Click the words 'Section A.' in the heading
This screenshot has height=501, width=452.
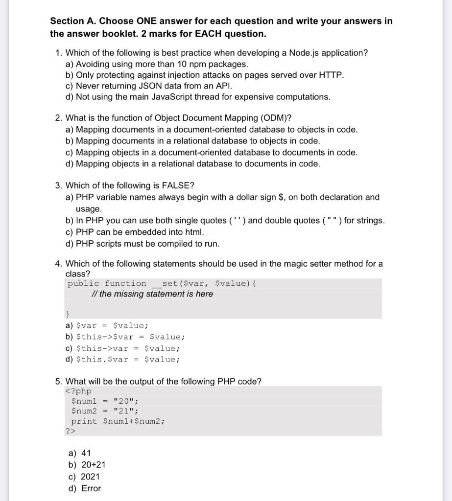tap(72, 22)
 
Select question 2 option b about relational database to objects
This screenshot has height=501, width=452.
tap(192, 140)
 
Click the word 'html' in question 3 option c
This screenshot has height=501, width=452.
tap(194, 232)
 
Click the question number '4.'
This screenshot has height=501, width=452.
tap(58, 264)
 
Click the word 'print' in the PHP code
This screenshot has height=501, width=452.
tap(84, 421)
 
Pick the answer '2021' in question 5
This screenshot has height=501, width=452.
tap(90, 477)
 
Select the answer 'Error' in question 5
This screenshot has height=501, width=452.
tap(91, 488)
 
